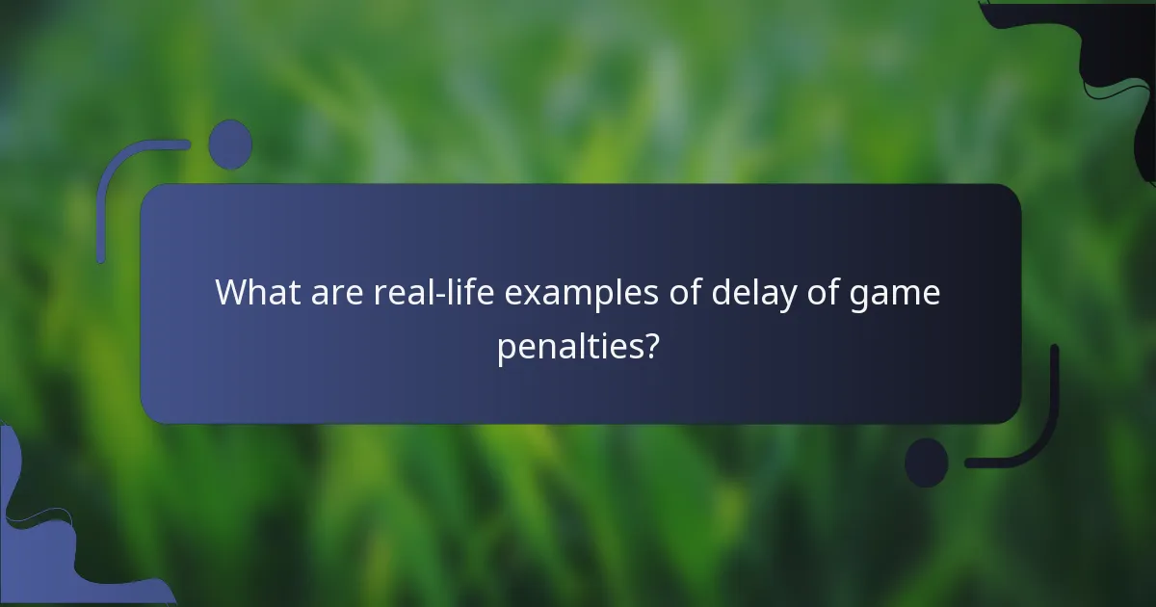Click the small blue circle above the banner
pos(230,145)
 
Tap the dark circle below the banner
pos(927,462)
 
